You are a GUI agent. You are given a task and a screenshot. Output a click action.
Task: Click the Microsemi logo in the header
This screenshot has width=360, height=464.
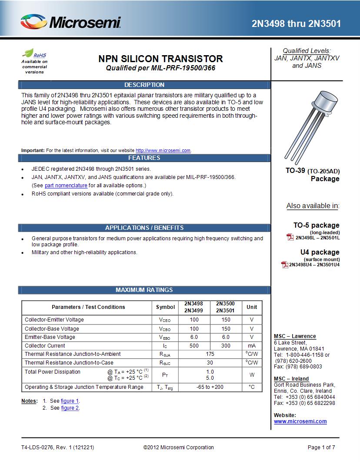click(70, 22)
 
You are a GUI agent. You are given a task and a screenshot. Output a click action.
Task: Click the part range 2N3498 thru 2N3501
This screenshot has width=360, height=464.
click(296, 23)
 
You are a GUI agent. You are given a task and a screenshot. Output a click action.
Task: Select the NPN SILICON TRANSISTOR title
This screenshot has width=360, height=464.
click(160, 59)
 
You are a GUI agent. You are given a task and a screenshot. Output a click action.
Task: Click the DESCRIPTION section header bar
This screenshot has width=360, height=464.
click(144, 85)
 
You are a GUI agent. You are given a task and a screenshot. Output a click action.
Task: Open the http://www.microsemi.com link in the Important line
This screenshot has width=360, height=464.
click(163, 150)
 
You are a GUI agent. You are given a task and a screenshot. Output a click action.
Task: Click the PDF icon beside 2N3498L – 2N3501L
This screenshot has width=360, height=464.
click(290, 237)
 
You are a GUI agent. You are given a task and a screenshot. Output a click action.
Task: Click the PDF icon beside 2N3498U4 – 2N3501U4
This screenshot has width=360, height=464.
click(285, 264)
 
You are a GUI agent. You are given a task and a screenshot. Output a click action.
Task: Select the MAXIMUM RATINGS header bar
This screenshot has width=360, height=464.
click(144, 290)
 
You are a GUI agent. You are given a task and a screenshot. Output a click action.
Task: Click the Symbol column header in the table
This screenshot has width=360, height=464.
click(165, 307)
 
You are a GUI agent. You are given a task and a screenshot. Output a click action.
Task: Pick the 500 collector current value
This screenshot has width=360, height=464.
click(194, 346)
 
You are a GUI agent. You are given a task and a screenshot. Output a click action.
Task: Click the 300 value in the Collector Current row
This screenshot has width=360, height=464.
click(226, 346)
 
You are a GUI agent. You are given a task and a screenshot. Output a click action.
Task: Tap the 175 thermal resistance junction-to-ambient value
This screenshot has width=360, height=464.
click(210, 354)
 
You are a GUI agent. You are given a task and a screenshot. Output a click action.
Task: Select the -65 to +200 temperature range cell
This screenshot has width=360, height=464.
click(210, 387)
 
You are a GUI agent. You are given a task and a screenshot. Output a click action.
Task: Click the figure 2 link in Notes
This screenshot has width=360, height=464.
click(70, 408)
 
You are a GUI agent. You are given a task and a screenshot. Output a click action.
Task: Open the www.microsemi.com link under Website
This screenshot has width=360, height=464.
click(300, 421)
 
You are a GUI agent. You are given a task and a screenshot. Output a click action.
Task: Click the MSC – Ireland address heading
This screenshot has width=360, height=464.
click(291, 379)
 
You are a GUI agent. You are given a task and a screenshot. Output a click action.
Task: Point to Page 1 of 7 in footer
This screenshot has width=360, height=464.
click(321, 447)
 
